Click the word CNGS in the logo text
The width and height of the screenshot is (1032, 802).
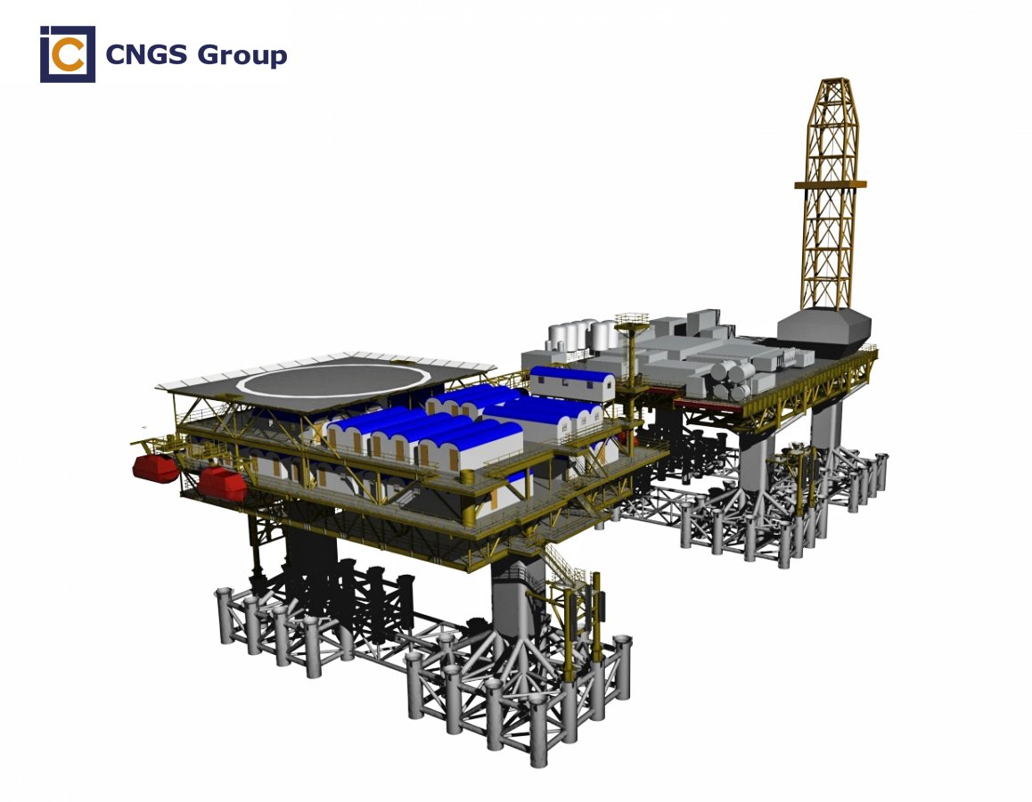pos(146,54)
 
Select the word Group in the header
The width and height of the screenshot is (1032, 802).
pos(242,56)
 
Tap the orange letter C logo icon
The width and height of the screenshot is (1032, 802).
pos(69,54)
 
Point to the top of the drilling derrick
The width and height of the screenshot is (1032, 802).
pos(831,80)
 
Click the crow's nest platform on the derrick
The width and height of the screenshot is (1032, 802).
pos(830,184)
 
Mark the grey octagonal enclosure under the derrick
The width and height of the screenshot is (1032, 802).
pos(824,331)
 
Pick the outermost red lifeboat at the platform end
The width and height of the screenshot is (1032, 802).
pos(155,468)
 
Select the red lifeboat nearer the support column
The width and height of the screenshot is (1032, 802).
pos(222,483)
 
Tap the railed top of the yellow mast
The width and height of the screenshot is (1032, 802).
pos(632,320)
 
